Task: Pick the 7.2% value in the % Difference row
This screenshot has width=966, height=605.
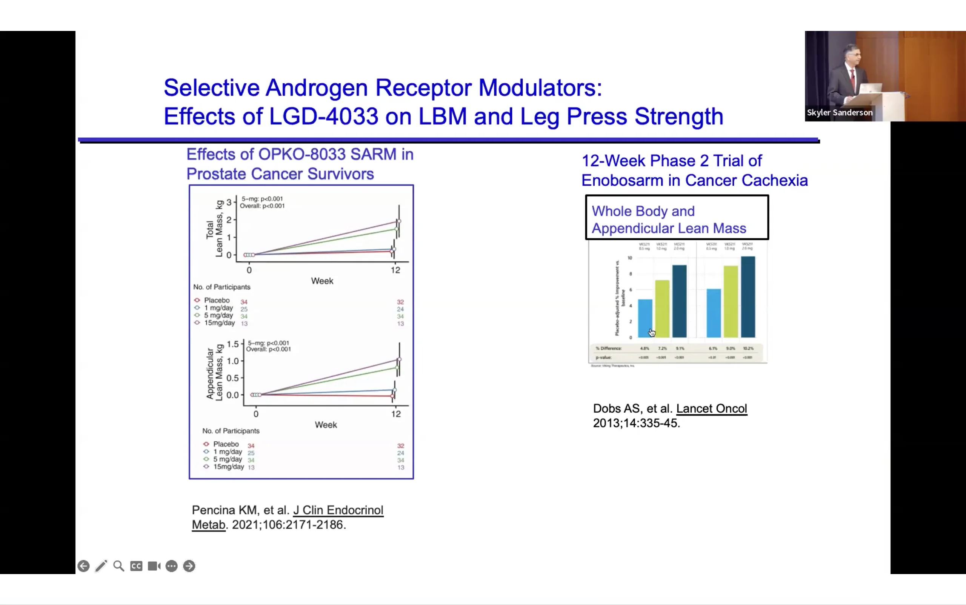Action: pos(662,349)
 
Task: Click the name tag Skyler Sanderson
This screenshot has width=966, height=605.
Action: pos(840,112)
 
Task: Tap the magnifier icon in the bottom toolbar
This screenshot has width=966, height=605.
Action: pos(118,566)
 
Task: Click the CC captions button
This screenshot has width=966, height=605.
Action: pos(136,566)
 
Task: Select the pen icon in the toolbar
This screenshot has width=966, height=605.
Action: pos(101,566)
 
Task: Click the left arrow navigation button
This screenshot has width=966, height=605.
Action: pos(83,566)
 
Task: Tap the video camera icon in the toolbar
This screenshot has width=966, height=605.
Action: pos(154,566)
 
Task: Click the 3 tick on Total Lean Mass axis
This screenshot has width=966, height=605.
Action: pos(229,202)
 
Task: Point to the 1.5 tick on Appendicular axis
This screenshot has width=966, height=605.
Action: pos(232,344)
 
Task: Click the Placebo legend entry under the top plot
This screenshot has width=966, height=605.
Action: pos(217,300)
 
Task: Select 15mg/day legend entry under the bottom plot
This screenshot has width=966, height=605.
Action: pos(228,467)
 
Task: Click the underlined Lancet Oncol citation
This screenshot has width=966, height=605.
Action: pos(711,408)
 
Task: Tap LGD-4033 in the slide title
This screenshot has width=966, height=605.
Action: pos(323,117)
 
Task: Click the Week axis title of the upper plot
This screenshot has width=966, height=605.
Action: pos(322,281)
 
